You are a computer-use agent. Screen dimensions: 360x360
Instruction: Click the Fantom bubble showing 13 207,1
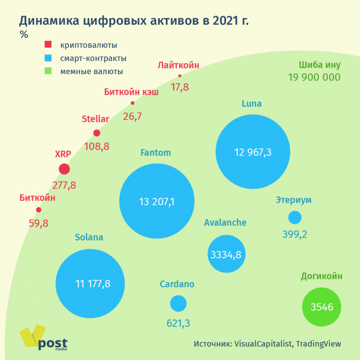pos(157,201)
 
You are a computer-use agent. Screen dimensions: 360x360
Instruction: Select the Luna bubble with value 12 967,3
pos(252,152)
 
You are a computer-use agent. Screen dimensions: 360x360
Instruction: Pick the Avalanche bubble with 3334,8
pos(226,254)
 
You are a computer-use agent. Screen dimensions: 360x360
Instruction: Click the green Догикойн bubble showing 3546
pos(322,307)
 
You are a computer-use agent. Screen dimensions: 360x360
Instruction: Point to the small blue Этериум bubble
pos(295,217)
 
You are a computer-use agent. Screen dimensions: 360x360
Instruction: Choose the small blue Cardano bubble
pos(178,303)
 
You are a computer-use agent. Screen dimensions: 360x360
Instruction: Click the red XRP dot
pos(64,169)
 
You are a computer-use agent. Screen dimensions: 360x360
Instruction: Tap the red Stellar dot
pos(97,134)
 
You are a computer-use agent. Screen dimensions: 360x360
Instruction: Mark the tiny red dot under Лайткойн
pos(180,76)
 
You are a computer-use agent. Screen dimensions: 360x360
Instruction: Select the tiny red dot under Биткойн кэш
pos(133,103)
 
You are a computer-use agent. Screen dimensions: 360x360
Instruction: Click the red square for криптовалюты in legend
pos(48,45)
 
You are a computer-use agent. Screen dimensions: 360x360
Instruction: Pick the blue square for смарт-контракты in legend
pos(48,58)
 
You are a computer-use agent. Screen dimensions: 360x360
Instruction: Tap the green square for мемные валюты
pos(48,72)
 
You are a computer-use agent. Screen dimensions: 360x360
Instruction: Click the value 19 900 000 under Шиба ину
pos(314,78)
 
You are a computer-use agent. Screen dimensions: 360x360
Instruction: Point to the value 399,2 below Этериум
pos(295,234)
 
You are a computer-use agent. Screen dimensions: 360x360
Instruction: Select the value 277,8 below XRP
pos(64,185)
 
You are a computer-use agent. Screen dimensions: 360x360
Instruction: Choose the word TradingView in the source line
pos(318,344)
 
